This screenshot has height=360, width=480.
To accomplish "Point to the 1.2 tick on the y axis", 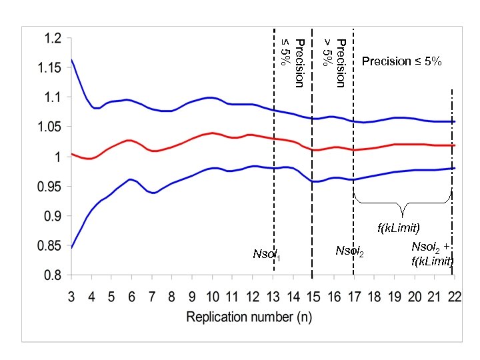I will (x=53, y=39).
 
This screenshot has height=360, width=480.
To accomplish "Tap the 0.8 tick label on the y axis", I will (x=53, y=275).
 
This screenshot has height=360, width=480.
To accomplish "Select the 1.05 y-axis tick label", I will (x=50, y=127).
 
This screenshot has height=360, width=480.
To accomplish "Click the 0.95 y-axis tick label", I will (x=50, y=187).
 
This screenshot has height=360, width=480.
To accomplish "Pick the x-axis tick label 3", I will (x=71, y=297).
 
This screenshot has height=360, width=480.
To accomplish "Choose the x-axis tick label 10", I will (x=212, y=297).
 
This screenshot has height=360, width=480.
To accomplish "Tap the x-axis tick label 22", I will (x=454, y=297).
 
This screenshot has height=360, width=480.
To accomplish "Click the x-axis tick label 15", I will (x=313, y=297).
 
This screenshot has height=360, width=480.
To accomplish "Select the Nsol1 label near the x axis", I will (x=267, y=254).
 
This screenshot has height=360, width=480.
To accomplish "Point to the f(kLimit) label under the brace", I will (x=399, y=228).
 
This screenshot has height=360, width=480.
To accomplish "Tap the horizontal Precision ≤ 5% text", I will (x=401, y=61).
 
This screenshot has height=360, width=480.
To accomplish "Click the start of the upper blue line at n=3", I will (x=71, y=60).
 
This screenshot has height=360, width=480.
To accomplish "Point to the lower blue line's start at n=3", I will (x=71, y=247).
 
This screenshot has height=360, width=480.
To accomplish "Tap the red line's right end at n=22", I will (x=454, y=145).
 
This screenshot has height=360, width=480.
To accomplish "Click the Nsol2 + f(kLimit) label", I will (x=432, y=254).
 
